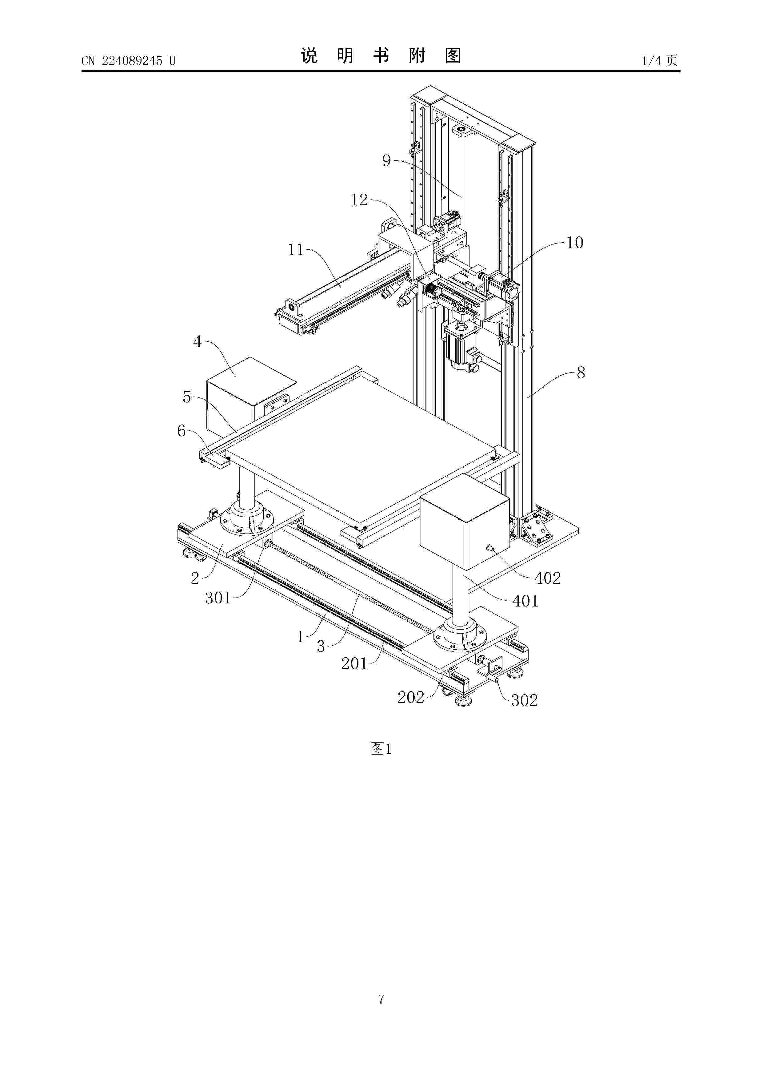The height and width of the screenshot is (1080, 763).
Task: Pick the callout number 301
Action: click(218, 598)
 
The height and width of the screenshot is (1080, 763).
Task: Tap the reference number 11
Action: click(296, 249)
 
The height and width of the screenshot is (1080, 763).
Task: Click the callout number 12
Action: click(359, 200)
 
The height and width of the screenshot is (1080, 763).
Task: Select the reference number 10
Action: click(574, 243)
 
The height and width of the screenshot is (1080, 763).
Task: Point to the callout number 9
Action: click(386, 161)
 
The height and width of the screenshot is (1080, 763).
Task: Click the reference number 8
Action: click(581, 373)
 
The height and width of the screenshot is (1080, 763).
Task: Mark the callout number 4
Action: click(198, 341)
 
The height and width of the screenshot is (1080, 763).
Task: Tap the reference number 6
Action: click(182, 430)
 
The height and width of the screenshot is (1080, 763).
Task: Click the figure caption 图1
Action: click(381, 748)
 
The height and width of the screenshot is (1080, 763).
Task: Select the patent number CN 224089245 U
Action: click(128, 61)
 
